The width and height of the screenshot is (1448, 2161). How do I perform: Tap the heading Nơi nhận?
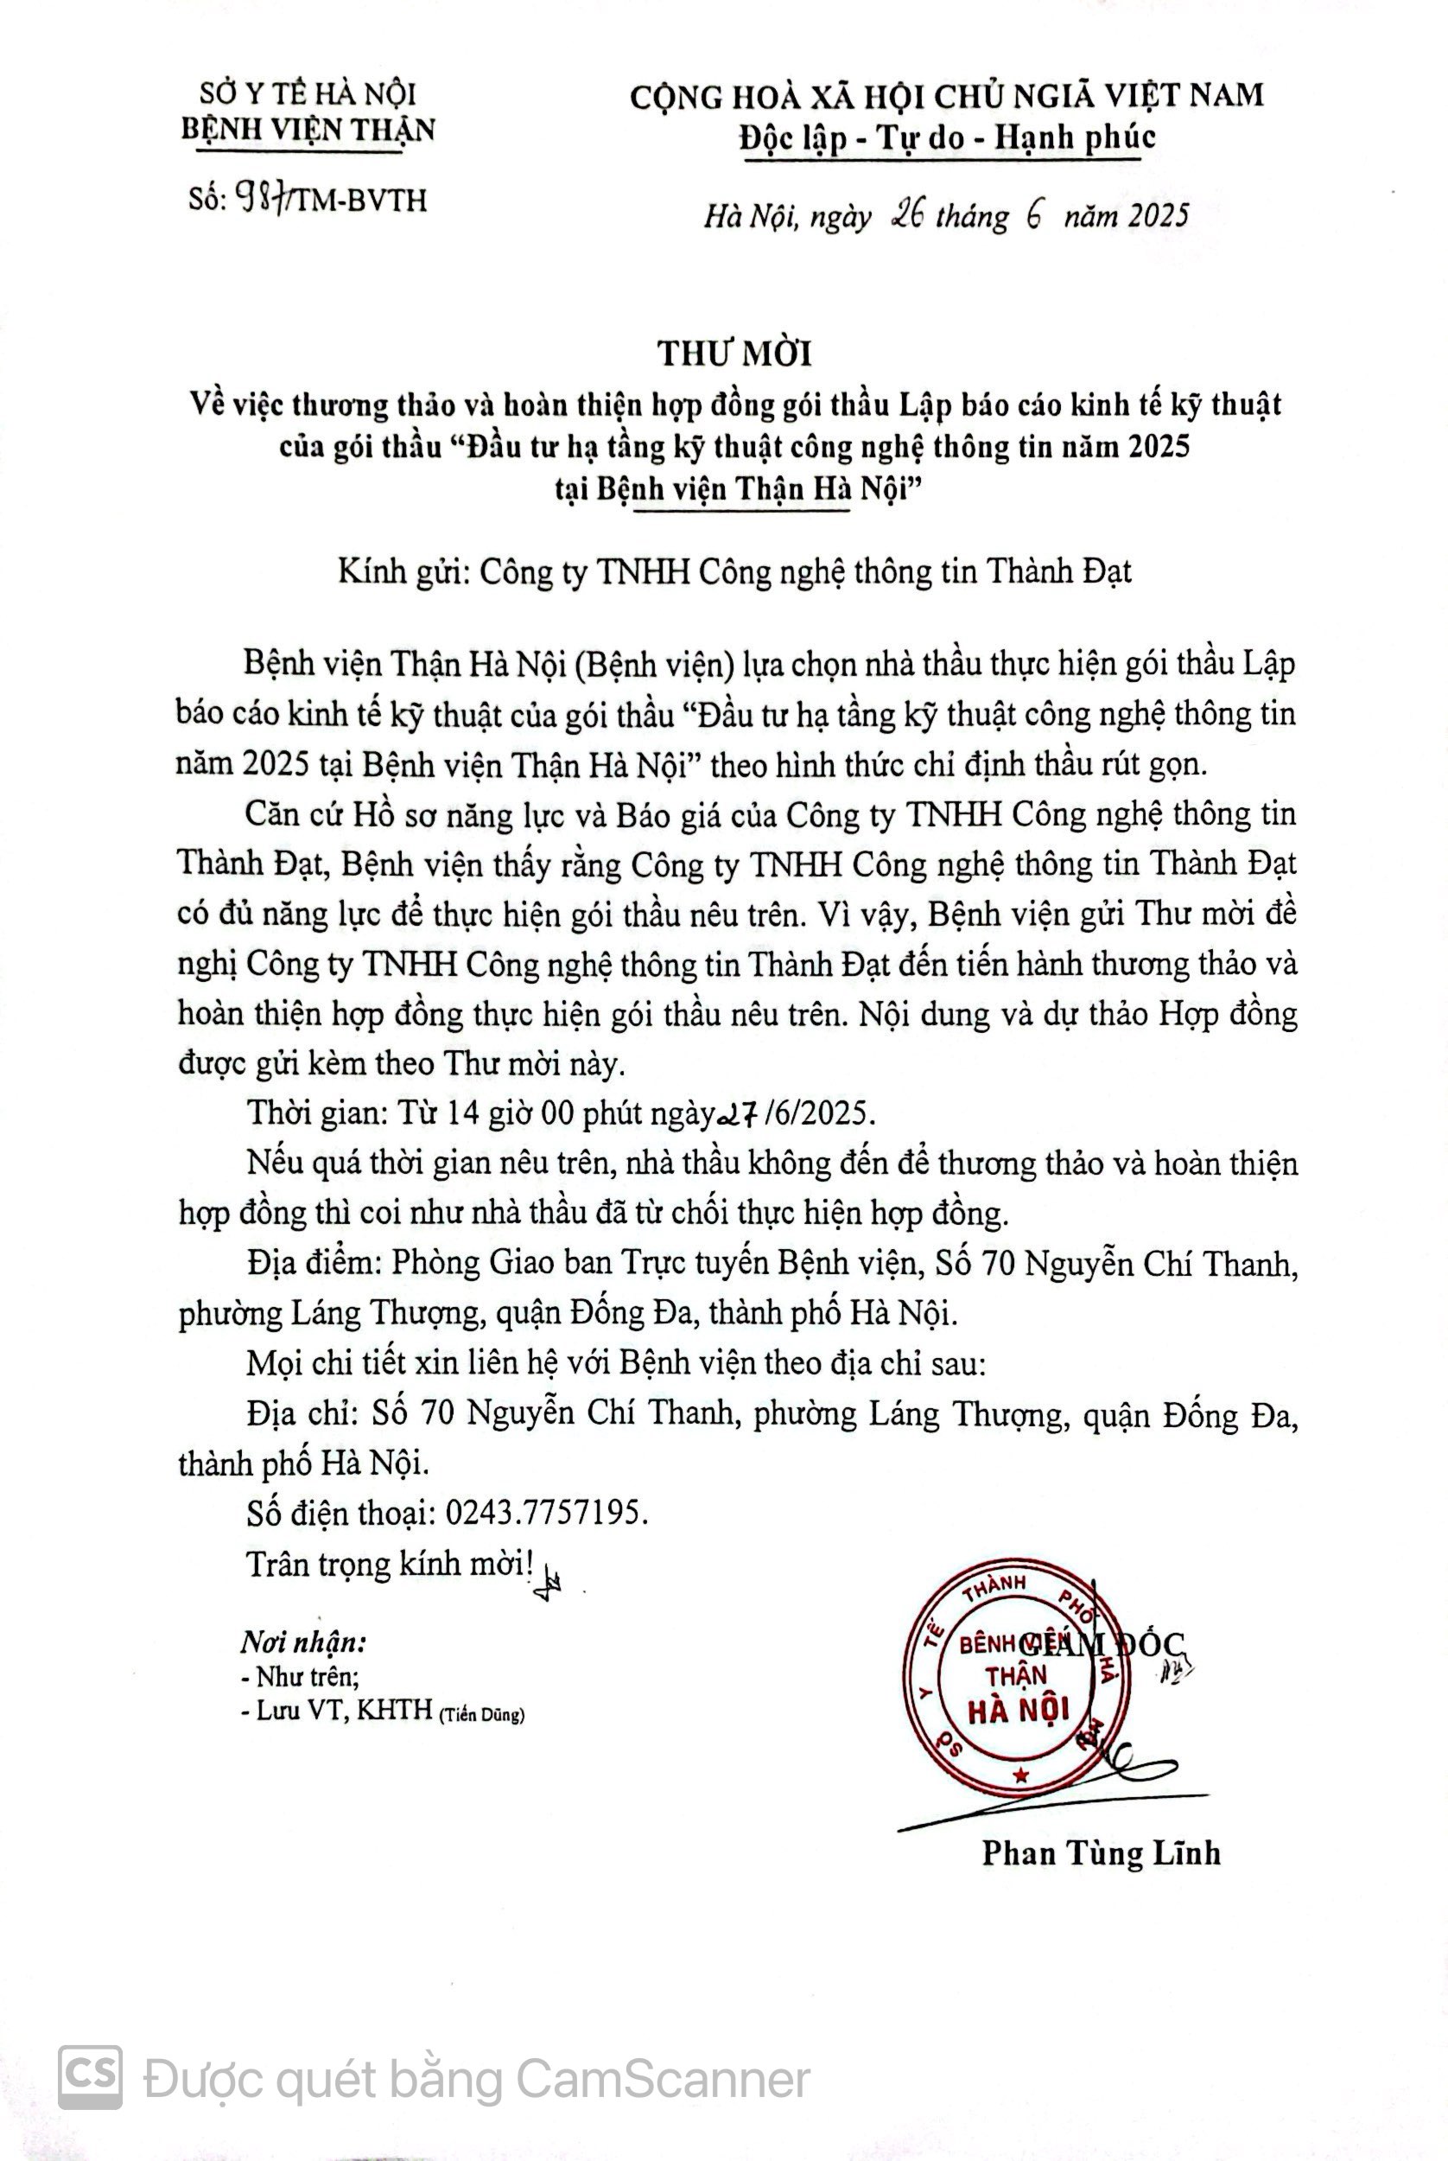(x=304, y=1642)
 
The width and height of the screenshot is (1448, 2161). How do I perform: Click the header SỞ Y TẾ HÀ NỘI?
(x=308, y=93)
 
